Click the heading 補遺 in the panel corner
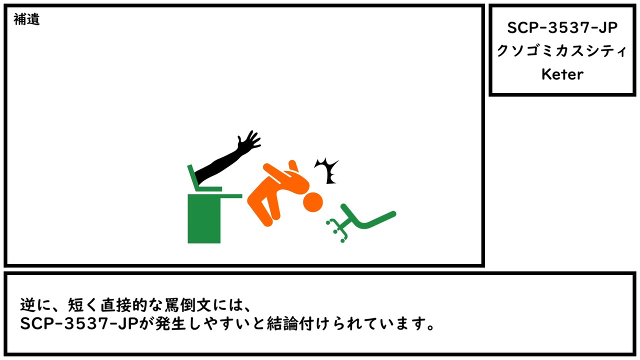pos(26,19)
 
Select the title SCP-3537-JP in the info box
pos(562,27)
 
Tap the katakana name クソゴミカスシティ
pos(561,51)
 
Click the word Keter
pos(562,74)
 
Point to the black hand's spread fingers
pos(249,140)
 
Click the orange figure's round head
pos(313,202)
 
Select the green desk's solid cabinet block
pos(204,218)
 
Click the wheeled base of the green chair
pos(337,229)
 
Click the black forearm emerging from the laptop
pos(217,167)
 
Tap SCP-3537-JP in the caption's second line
pos(79,323)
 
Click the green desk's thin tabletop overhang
pos(231,196)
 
